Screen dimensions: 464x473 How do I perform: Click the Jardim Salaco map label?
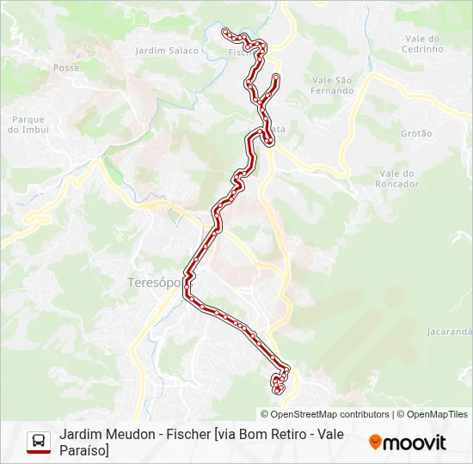pos(167,51)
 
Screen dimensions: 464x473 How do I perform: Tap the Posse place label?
pos(66,67)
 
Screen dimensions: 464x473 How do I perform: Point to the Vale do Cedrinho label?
pos(422,44)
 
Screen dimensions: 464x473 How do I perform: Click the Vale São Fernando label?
pos(333,85)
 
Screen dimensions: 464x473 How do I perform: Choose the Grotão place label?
pos(416,134)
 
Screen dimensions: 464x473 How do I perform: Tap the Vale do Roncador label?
pos(398,179)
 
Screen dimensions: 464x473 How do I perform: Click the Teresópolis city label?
pos(154,282)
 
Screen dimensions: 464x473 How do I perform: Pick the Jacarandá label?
pos(450,331)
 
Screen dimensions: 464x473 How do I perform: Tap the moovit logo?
pos(408,443)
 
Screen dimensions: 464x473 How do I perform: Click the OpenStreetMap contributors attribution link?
pos(324,414)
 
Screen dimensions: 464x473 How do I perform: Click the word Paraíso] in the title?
pos(84,450)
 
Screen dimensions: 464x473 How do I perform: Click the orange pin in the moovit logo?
pos(375,443)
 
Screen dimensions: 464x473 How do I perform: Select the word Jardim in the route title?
pos(80,434)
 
